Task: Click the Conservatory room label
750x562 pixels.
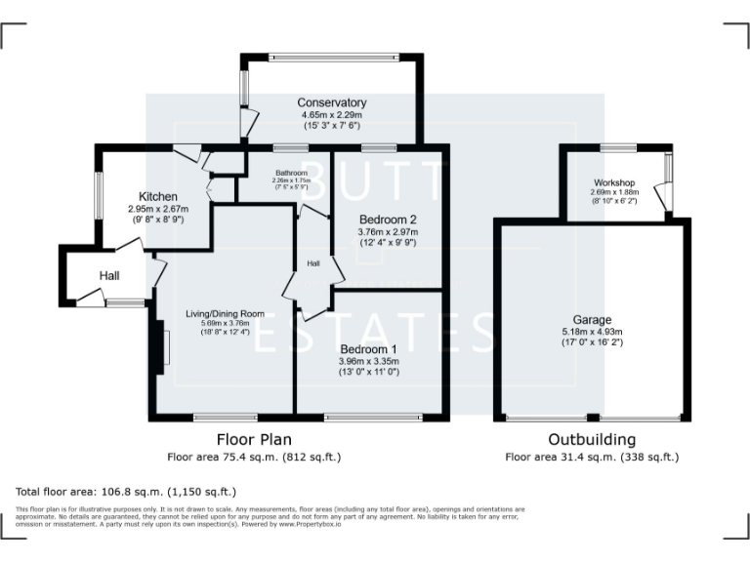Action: click(x=332, y=102)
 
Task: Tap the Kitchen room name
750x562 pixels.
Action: click(x=158, y=197)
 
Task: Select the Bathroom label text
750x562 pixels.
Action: click(x=290, y=173)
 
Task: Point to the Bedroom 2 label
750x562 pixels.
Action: click(x=388, y=219)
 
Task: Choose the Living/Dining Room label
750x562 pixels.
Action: click(x=226, y=312)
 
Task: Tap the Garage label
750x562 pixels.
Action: click(x=592, y=319)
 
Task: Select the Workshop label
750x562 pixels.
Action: click(x=613, y=182)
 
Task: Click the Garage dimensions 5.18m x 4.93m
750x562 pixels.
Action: click(x=592, y=332)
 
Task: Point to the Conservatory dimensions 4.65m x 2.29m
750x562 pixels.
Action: click(x=332, y=114)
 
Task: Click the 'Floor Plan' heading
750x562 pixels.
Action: click(x=254, y=440)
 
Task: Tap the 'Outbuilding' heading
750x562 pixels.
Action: click(x=592, y=440)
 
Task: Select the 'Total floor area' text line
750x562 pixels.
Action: click(x=126, y=491)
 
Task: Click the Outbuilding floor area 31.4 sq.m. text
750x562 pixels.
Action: click(x=592, y=457)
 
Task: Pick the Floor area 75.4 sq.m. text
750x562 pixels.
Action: click(x=254, y=457)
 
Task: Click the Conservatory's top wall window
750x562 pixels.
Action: click(x=332, y=56)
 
